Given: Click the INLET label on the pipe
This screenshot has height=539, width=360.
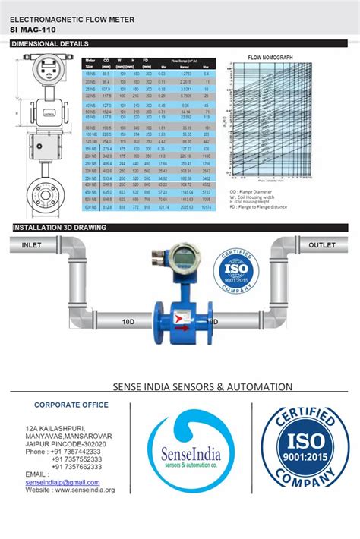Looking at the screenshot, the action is (31, 245).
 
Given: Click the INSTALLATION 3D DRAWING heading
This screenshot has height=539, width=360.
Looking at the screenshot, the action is (59, 228).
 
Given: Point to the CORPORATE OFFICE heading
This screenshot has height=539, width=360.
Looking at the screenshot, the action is (71, 405).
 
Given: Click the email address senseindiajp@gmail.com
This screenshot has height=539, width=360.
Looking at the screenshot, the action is (62, 482).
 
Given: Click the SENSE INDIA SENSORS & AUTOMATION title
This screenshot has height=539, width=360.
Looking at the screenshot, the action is (202, 386).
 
